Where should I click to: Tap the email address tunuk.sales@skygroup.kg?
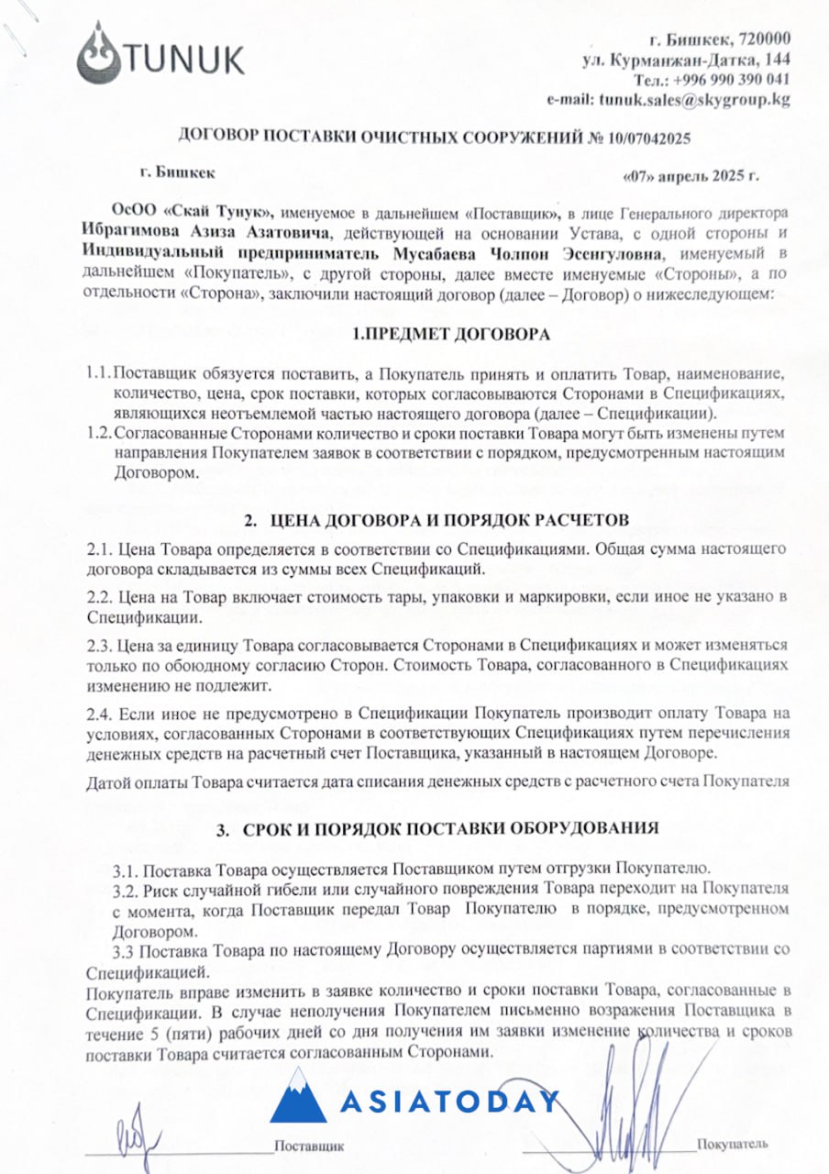(694, 100)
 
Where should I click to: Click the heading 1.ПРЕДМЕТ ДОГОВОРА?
(452, 335)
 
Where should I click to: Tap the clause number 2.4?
(98, 713)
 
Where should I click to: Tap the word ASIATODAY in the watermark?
(449, 1102)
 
